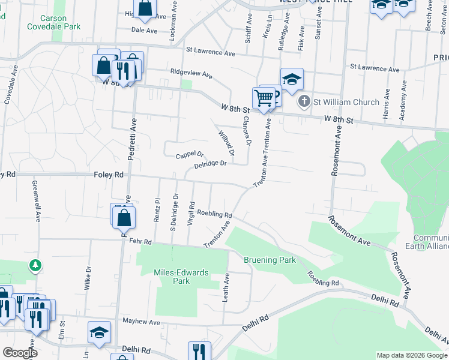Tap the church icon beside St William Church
[304, 102]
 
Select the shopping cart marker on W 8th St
[264, 98]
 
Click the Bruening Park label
[270, 260]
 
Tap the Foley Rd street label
[109, 175]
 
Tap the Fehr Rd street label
[141, 241]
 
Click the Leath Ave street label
[226, 287]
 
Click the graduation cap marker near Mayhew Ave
[100, 333]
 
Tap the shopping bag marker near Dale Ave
[145, 8]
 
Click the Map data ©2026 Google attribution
[412, 355]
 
